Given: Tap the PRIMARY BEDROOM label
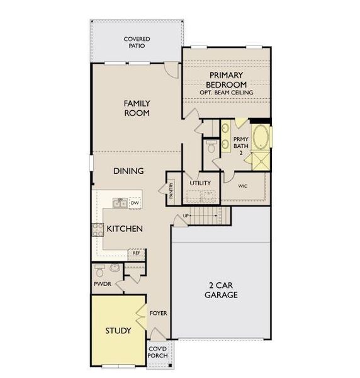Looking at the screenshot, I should pyautogui.click(x=227, y=80).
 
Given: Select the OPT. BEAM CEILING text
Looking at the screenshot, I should pyautogui.click(x=227, y=93).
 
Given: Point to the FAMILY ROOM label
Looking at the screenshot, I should pyautogui.click(x=137, y=108).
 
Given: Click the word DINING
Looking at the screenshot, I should pyautogui.click(x=128, y=171).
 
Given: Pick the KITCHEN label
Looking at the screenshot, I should pyautogui.click(x=124, y=229).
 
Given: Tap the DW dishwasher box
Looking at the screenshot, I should pyautogui.click(x=135, y=203).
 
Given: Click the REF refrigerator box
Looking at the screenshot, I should pyautogui.click(x=136, y=253).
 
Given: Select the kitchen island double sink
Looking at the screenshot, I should pyautogui.click(x=120, y=203).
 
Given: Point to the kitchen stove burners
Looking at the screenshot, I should pyautogui.click(x=98, y=229).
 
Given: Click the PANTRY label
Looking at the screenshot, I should pyautogui.click(x=171, y=191).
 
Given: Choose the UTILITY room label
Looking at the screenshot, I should pyautogui.click(x=200, y=183).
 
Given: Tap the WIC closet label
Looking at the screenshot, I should pyautogui.click(x=242, y=186).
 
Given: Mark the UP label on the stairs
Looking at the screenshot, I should pyautogui.click(x=186, y=216).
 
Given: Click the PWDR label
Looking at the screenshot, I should pyautogui.click(x=102, y=284).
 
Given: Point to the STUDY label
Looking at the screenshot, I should pyautogui.click(x=118, y=331).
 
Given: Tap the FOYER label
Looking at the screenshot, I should pyautogui.click(x=157, y=312).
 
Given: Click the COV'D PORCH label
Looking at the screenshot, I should pyautogui.click(x=157, y=352).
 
